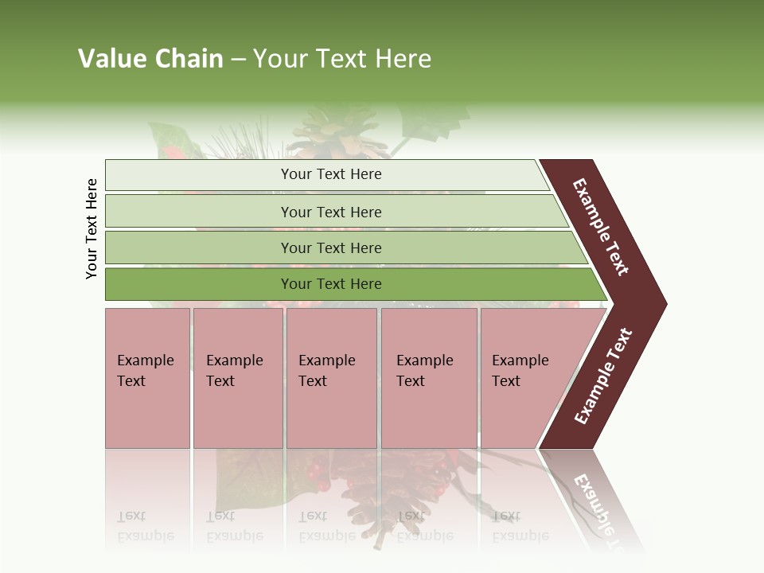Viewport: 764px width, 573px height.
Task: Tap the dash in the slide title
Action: coord(238,59)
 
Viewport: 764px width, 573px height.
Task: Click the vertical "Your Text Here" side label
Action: coord(92,228)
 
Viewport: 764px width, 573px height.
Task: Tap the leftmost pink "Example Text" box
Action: coord(147,378)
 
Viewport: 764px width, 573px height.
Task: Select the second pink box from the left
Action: coord(238,378)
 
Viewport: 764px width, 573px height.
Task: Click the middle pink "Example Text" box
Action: coord(331,378)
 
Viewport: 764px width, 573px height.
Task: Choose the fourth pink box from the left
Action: coord(429,378)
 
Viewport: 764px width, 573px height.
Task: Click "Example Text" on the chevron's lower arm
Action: coord(603,376)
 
